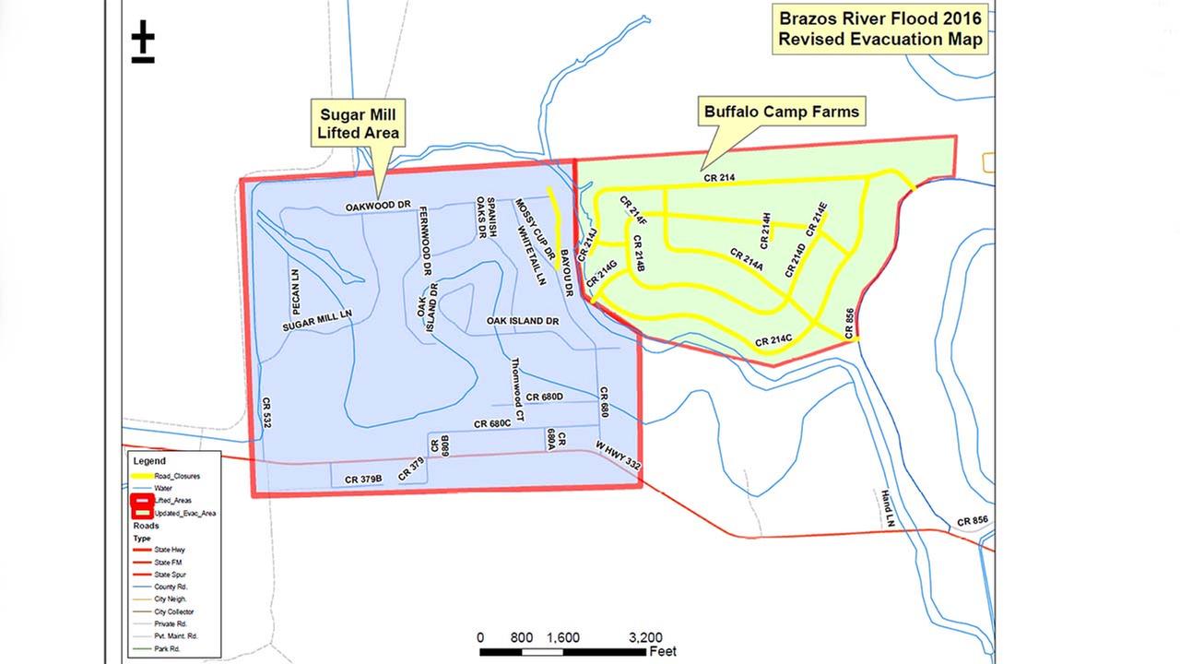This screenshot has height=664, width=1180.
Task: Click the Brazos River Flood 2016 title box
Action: tap(879, 29)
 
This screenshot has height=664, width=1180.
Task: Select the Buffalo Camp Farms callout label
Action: tap(781, 113)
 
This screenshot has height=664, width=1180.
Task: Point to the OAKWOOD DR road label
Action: tap(378, 206)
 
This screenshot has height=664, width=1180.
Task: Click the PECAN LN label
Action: tap(296, 291)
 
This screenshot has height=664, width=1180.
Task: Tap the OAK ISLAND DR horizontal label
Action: tap(523, 321)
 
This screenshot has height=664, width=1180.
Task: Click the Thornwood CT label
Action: tap(517, 389)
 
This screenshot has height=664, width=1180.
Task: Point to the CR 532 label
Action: tap(266, 413)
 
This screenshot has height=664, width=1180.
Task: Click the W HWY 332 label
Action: tap(618, 456)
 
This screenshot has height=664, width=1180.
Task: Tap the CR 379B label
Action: tap(364, 480)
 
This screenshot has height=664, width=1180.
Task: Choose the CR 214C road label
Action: tap(774, 341)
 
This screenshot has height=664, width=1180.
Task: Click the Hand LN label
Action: tap(889, 508)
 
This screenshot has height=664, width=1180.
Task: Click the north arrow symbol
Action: tap(143, 42)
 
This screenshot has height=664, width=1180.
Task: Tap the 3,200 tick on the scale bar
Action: tap(645, 637)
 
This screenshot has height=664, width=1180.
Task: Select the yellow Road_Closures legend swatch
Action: tap(142, 475)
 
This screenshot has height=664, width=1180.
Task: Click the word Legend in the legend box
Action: tap(149, 460)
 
